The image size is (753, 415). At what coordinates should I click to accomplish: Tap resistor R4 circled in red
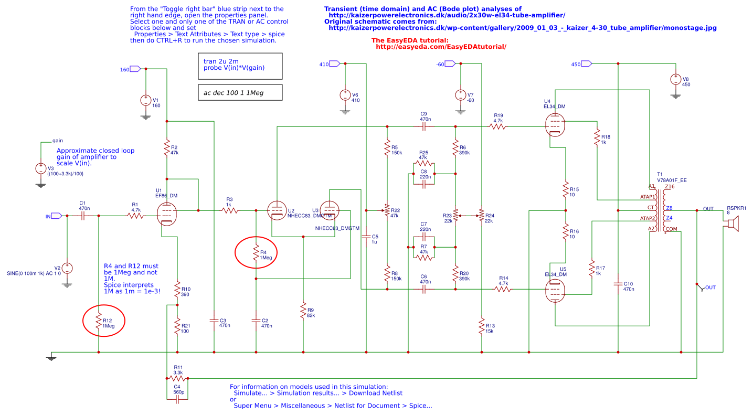256,254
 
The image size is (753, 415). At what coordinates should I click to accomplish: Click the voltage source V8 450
675,80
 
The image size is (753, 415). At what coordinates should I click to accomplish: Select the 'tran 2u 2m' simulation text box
240,65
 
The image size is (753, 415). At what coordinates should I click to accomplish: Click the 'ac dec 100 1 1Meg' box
240,93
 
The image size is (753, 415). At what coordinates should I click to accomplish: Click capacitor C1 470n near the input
82,216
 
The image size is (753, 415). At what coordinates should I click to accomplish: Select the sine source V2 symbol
67,268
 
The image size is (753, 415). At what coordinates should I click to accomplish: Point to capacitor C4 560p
177,399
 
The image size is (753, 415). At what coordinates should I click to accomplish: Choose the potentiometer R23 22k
455,216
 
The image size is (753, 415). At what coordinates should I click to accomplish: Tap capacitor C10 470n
618,284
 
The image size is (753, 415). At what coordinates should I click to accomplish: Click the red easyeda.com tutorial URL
441,47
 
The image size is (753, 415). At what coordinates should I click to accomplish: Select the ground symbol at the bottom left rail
51,357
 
